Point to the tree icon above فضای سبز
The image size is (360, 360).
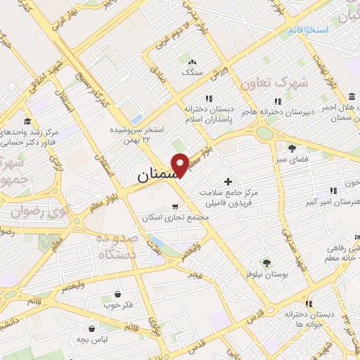click(x=292, y=148)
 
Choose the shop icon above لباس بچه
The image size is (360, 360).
click(x=92, y=328)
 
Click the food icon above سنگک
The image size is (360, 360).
click(x=192, y=62)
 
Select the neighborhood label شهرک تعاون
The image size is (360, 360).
click(x=274, y=84)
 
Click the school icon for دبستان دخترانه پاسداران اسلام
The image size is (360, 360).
click(x=208, y=99)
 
